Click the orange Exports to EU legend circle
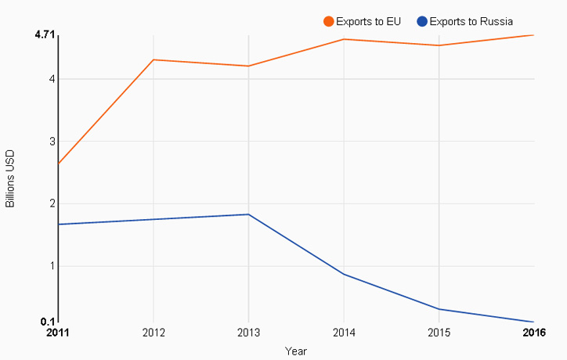[329, 21]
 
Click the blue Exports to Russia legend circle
[422, 21]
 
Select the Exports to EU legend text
[368, 21]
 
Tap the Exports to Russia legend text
[471, 21]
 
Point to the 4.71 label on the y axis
[45, 35]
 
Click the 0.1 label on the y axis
[48, 322]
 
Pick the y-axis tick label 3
[51, 141]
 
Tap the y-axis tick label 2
[51, 203]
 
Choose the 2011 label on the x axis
[58, 333]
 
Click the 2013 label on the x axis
[248, 333]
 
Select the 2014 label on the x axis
[344, 333]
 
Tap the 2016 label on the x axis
[534, 333]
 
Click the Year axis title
[296, 351]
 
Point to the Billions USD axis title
[10, 178]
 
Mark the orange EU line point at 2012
[153, 59]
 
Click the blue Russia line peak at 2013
[248, 214]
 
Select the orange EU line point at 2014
[344, 39]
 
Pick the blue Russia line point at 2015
[439, 309]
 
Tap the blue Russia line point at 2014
[344, 274]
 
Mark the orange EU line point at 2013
[248, 66]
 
